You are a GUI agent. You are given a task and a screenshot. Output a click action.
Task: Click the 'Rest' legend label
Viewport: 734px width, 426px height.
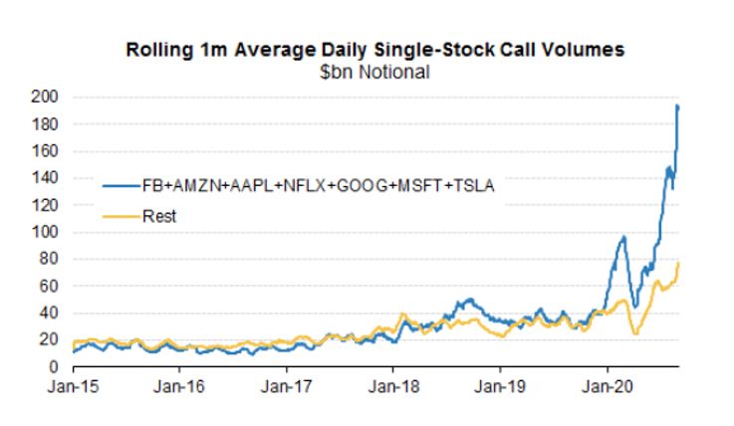pyautogui.click(x=160, y=215)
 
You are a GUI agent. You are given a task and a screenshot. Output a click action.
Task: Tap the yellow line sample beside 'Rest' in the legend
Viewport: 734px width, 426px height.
pyautogui.click(x=121, y=215)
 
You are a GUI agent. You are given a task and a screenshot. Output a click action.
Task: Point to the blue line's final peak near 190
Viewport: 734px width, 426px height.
pyautogui.click(x=678, y=106)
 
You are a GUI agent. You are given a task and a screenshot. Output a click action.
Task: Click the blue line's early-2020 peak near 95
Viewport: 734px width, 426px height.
pyautogui.click(x=622, y=237)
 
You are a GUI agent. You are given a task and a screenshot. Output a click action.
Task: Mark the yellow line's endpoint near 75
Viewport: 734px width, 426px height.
pyautogui.click(x=679, y=264)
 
